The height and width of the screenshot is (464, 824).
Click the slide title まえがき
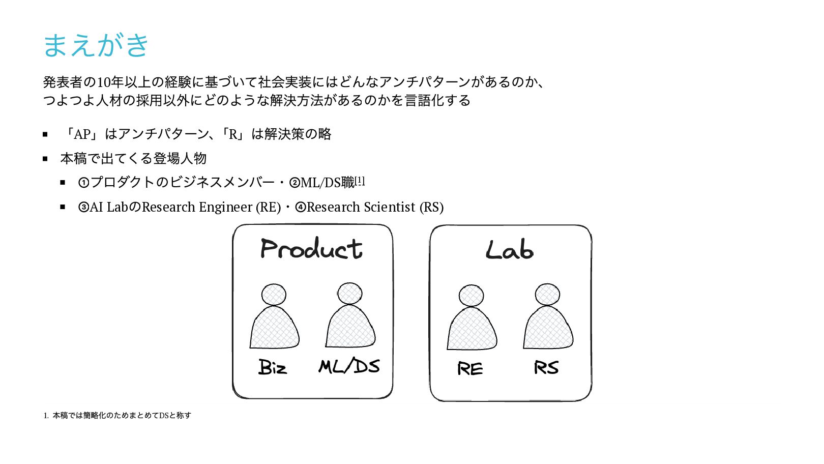tap(96, 45)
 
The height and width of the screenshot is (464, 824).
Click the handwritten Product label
tap(311, 249)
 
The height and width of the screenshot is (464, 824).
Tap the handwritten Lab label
tap(509, 250)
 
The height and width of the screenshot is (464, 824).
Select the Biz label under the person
tap(273, 367)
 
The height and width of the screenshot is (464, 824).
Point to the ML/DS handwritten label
tap(349, 366)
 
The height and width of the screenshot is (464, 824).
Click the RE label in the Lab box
tap(470, 368)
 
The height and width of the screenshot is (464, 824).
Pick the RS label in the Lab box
tap(546, 367)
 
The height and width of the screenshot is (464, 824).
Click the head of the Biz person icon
tap(274, 295)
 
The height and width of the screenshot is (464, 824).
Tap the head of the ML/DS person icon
tap(350, 294)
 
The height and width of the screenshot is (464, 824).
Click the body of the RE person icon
tap(472, 330)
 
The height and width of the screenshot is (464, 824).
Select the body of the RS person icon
tap(548, 329)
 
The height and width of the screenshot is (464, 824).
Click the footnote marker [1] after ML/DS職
tap(360, 181)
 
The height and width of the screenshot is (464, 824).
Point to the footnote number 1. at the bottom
tap(46, 416)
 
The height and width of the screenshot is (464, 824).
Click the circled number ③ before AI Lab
tap(83, 208)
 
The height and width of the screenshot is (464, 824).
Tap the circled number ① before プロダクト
tap(83, 183)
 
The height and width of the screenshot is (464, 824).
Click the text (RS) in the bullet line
tap(431, 207)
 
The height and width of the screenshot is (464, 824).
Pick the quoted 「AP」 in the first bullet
tap(81, 134)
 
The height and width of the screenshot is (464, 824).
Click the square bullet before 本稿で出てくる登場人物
tap(45, 159)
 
